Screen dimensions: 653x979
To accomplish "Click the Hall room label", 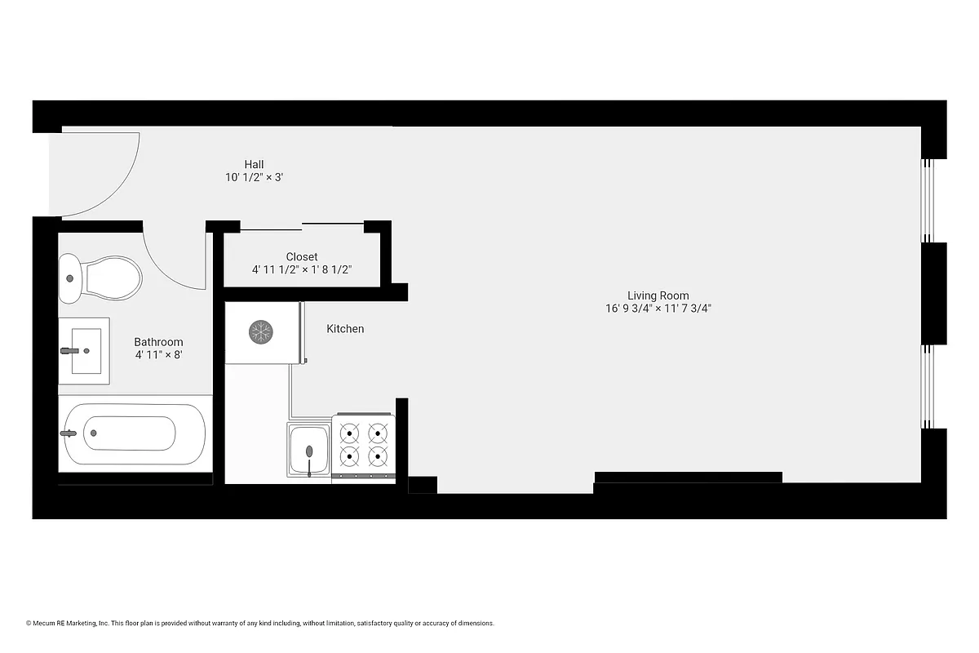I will [x=254, y=164].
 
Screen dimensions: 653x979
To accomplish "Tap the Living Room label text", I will [x=658, y=295].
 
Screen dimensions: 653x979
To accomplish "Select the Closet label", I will [x=302, y=256].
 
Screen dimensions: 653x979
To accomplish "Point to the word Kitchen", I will [x=345, y=329].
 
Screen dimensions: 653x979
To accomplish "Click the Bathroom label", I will [x=158, y=342].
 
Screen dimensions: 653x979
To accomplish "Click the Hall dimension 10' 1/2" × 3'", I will [x=254, y=177].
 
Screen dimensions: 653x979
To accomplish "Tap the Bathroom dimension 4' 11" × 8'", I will [x=158, y=355].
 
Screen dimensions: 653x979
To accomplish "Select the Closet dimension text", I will [x=302, y=269].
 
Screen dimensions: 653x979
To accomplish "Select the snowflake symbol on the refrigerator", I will [x=261, y=331].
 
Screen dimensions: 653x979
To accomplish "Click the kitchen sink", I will [x=309, y=450].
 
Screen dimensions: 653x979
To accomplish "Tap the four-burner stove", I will [x=363, y=445].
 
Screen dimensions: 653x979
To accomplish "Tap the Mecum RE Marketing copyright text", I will [x=260, y=624].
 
